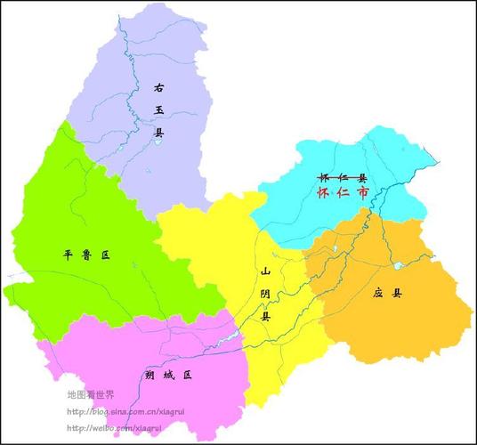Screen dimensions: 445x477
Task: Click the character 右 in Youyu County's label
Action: [x=158, y=87]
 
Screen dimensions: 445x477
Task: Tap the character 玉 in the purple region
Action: [x=159, y=110]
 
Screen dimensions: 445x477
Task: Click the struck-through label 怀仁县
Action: [x=344, y=177]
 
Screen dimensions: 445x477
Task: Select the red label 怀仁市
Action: [x=344, y=192]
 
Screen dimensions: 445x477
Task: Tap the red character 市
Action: [x=364, y=192]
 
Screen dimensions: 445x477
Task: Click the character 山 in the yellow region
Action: [x=264, y=271]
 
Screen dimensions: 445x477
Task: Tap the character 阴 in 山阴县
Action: [x=265, y=294]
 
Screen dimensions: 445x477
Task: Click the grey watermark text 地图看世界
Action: [x=96, y=394]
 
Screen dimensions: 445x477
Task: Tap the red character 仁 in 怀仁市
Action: [x=344, y=192]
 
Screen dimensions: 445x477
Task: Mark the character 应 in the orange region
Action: [x=380, y=292]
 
